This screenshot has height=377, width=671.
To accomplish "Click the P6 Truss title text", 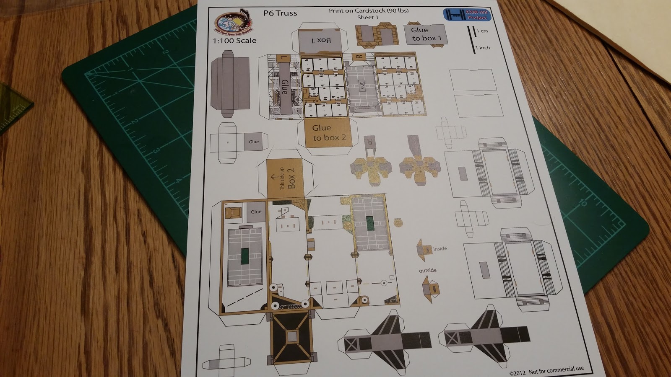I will pos(280,13).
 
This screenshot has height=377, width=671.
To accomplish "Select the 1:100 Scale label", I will pos(234,41).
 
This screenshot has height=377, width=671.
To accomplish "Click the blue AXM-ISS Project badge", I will pos(466,15).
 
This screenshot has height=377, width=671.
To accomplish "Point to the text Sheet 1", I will pos(368,17).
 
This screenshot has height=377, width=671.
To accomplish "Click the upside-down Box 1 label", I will pos(321,40).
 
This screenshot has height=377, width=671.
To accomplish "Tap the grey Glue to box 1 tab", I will pos(426,34).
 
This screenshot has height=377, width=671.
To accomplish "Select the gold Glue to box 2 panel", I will pos(329,133).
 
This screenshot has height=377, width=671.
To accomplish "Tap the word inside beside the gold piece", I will pos(440,248).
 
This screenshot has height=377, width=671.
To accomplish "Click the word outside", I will pos(428,270).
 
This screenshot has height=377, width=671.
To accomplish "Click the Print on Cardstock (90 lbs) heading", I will pos(368,10).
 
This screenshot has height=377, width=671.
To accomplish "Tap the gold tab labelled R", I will pos(359,57).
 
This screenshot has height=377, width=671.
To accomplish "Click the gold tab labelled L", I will pos(284,59).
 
